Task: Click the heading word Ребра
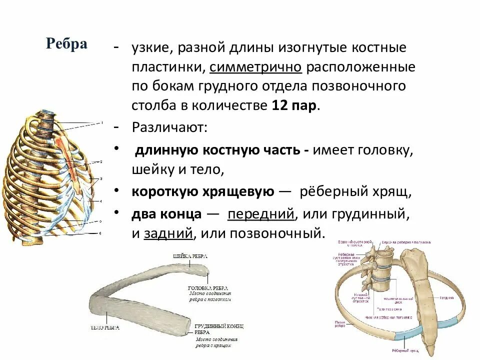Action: pyautogui.click(x=66, y=44)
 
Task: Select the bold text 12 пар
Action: pyautogui.click(x=294, y=106)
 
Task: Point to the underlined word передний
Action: pyautogui.click(x=260, y=214)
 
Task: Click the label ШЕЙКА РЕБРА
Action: pyautogui.click(x=190, y=256)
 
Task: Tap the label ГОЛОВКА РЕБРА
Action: pyautogui.click(x=208, y=288)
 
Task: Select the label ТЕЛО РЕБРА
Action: pyautogui.click(x=105, y=327)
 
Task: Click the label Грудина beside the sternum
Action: pyautogui.click(x=446, y=298)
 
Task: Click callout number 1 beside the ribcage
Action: pyautogui.click(x=101, y=122)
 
